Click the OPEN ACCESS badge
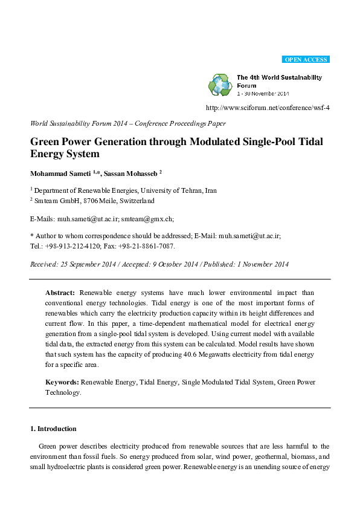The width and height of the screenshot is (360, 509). [x=306, y=59]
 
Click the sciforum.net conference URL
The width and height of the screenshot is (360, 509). [x=268, y=108]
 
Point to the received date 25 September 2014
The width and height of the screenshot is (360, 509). [x=91, y=264]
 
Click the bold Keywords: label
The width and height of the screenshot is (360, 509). [x=62, y=382]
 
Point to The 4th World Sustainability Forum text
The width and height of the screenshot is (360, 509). [x=279, y=82]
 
